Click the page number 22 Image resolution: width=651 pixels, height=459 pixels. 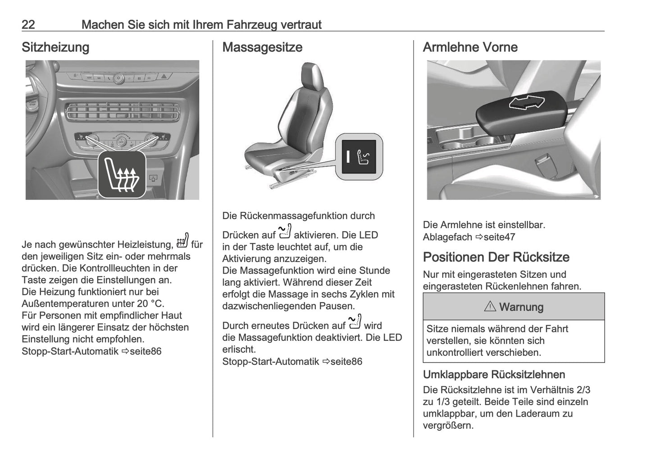(28, 24)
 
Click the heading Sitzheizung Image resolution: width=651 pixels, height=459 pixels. (55, 47)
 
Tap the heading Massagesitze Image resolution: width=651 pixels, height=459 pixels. (262, 47)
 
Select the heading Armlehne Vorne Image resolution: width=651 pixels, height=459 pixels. (470, 47)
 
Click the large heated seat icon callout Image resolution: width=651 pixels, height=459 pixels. (122, 175)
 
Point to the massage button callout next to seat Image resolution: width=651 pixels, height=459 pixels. (360, 157)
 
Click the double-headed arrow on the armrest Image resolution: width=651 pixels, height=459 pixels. (526, 103)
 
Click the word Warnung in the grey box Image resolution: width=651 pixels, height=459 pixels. (521, 307)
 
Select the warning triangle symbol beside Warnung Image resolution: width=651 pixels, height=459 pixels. (490, 307)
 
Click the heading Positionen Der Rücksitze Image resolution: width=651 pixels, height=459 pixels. (496, 257)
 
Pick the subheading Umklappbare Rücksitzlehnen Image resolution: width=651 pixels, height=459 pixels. (494, 375)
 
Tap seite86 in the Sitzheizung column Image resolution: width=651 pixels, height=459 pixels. (145, 351)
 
